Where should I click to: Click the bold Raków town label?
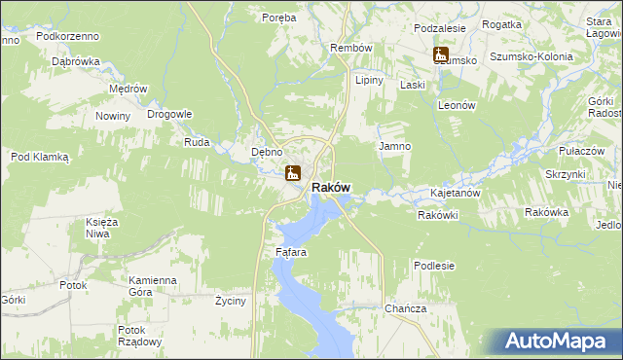(x=330, y=187)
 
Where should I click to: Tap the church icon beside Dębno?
(x=292, y=174)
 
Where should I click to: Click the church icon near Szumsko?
(x=441, y=55)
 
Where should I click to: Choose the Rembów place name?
(x=351, y=48)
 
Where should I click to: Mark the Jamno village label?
(x=394, y=146)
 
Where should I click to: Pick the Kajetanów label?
(x=456, y=194)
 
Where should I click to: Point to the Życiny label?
(x=233, y=302)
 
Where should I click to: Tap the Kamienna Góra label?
(x=152, y=286)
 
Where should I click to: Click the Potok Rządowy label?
(x=138, y=336)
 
